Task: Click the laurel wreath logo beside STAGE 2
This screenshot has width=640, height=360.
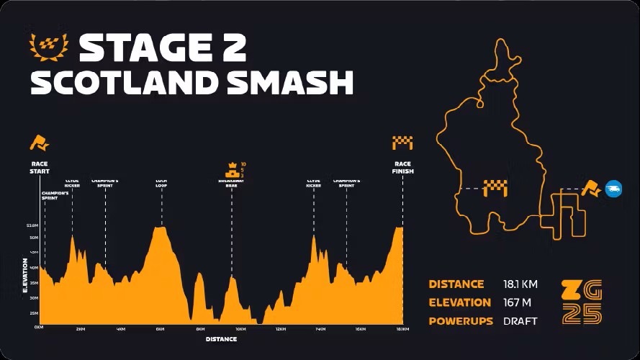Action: pyautogui.click(x=49, y=46)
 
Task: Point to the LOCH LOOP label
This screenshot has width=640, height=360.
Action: pyautogui.click(x=162, y=183)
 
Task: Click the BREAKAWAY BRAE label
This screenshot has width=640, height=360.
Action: pyautogui.click(x=231, y=183)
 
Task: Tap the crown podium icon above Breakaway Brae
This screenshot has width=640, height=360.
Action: pyautogui.click(x=232, y=170)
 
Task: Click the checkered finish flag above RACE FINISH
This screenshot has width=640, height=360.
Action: pyautogui.click(x=402, y=143)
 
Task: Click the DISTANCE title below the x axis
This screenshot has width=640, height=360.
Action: pyautogui.click(x=221, y=339)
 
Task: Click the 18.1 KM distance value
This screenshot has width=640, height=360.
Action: pyautogui.click(x=520, y=284)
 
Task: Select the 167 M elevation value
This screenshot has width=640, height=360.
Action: pyautogui.click(x=517, y=302)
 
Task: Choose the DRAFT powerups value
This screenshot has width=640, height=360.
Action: pyautogui.click(x=520, y=321)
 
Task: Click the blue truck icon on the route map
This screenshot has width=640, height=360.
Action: pyautogui.click(x=613, y=189)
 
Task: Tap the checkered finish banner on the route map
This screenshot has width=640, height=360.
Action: pyautogui.click(x=495, y=187)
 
